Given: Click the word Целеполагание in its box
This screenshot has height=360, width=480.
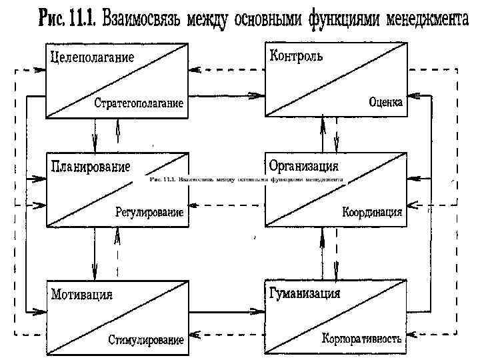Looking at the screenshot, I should click(92, 57).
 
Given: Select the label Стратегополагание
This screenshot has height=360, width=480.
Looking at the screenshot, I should click(139, 103).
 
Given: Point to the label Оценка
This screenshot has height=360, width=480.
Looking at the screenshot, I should click(385, 102).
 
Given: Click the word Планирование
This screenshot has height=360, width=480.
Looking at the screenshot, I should click(90, 165).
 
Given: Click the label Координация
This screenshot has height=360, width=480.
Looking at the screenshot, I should click(372, 212).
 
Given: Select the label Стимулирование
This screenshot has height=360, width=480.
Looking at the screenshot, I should click(146, 340).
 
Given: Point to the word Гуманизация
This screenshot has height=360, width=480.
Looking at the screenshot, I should click(304, 293).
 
